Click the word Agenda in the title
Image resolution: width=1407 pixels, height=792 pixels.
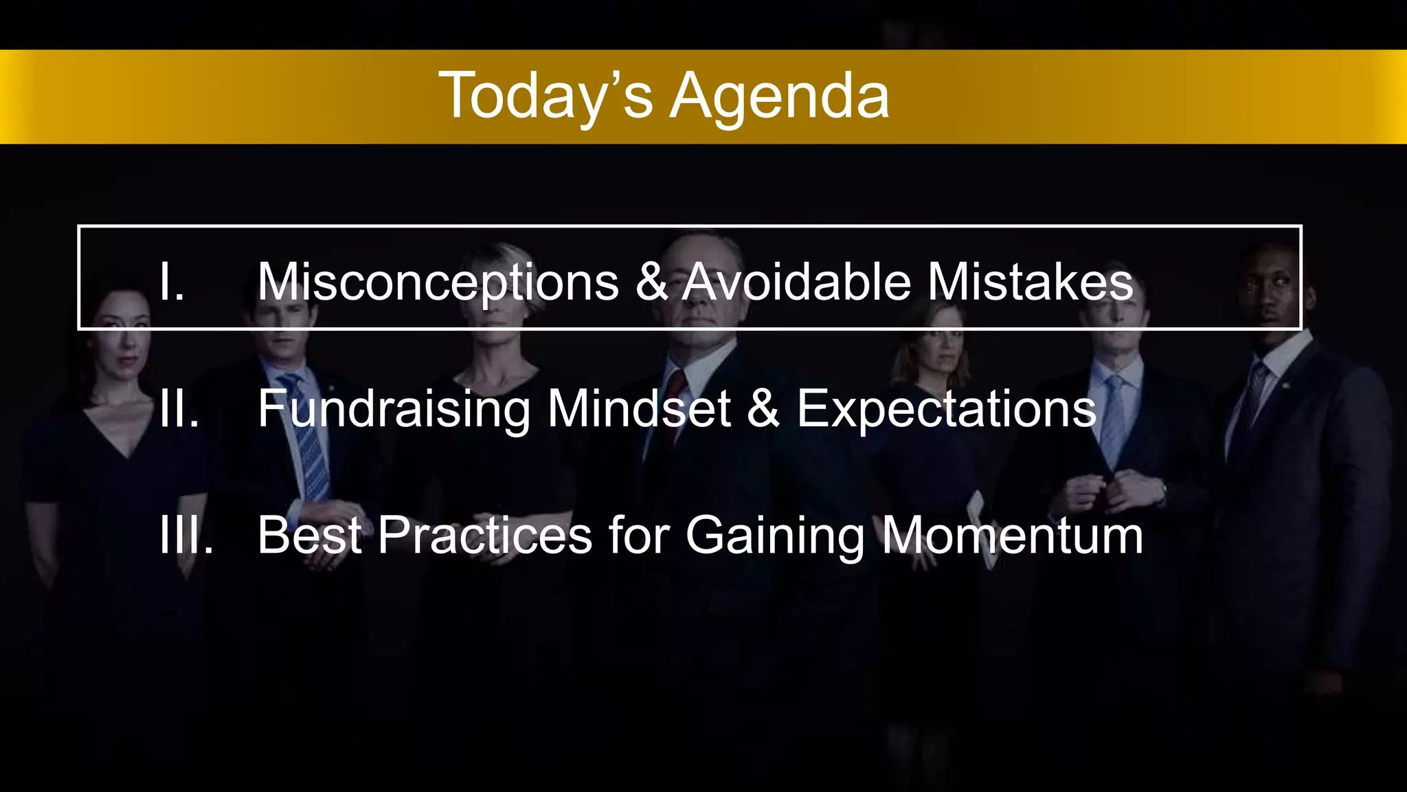780,96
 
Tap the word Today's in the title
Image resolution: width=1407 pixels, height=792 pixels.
546,96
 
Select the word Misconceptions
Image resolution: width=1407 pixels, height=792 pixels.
438,282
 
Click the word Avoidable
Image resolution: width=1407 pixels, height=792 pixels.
796,282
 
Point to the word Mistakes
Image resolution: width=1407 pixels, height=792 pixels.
1030,282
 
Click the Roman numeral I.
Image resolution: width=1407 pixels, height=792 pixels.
171,282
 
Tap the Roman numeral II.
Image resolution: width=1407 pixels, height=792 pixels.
179,408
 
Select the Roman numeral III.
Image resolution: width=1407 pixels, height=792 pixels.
185,535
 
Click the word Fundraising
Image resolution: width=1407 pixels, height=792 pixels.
394,408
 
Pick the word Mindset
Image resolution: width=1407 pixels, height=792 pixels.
639,408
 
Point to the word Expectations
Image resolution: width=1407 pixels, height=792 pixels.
946,408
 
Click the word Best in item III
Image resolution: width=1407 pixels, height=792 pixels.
309,535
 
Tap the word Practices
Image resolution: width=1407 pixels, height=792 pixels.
484,535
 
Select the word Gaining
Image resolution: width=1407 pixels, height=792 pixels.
775,535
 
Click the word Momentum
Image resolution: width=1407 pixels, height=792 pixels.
1013,535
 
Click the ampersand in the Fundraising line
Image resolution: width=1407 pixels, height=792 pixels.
763,408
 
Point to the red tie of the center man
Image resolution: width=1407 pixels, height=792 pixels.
676,392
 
